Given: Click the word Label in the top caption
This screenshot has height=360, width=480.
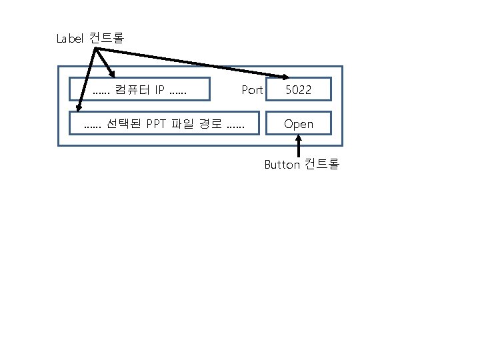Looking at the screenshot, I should click(x=69, y=39).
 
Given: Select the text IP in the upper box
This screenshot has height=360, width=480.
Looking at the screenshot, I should click(x=160, y=90).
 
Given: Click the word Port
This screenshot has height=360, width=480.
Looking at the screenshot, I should click(x=252, y=90).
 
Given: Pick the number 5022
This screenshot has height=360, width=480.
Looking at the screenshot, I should click(x=298, y=90).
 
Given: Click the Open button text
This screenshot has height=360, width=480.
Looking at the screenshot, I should click(x=298, y=124).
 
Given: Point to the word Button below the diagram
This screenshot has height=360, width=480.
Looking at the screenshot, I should click(x=282, y=165).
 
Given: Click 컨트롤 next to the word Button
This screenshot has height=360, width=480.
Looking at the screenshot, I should click(x=322, y=164).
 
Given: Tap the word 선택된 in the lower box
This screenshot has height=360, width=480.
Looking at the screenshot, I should click(x=121, y=124).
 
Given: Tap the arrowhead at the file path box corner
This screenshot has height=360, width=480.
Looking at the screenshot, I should click(x=77, y=105).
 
